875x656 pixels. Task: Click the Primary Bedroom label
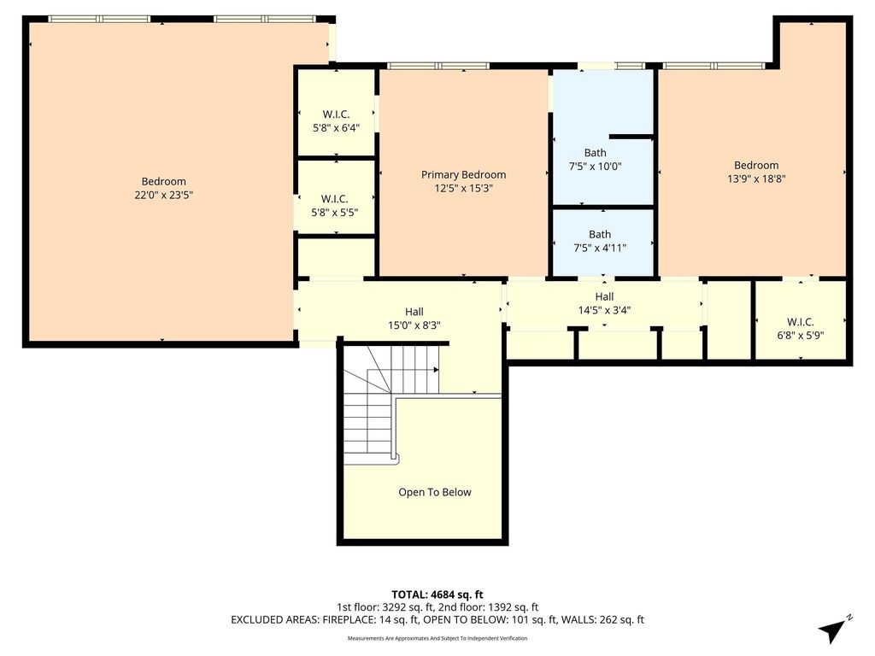coord(463,174)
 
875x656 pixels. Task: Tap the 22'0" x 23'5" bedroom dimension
coord(163,195)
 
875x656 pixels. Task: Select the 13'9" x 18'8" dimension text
coord(756,179)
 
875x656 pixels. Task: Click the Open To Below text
coord(435,492)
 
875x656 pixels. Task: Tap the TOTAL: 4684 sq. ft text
coord(437,594)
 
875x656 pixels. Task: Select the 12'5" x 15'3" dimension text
coord(463,188)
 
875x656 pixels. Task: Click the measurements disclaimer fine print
coord(437,638)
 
